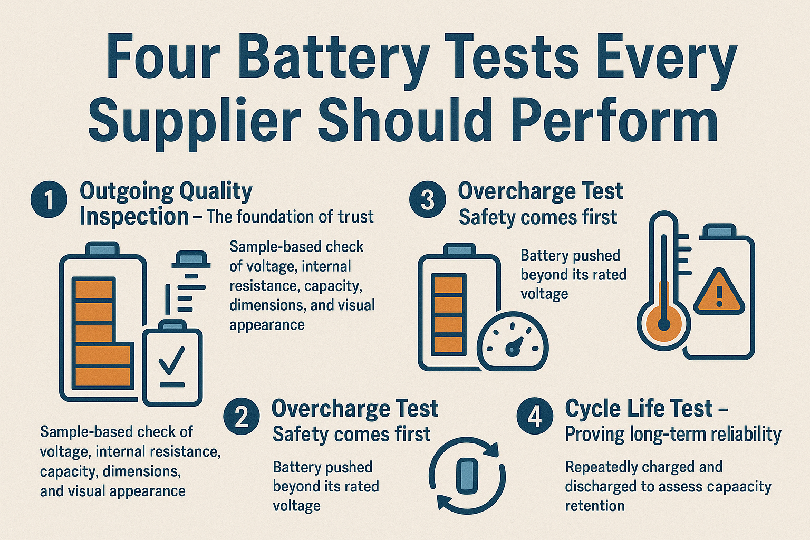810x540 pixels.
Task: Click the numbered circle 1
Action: click(x=49, y=199)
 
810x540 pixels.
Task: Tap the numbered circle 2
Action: click(x=242, y=417)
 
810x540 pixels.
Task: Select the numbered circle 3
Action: click(x=428, y=199)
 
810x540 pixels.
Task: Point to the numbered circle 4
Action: click(x=535, y=417)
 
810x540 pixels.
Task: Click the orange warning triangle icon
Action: click(x=719, y=292)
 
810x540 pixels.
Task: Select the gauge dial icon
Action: click(x=513, y=341)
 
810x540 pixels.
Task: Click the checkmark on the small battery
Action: click(x=172, y=360)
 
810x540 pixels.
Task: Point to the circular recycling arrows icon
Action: click(x=468, y=475)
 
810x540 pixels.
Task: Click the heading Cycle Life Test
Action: click(x=639, y=408)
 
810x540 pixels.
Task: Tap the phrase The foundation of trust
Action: click(x=290, y=217)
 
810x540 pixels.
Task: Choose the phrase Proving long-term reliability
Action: click(x=673, y=435)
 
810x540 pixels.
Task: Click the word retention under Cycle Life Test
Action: click(x=595, y=506)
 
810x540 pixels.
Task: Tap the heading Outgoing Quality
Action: click(x=166, y=191)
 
